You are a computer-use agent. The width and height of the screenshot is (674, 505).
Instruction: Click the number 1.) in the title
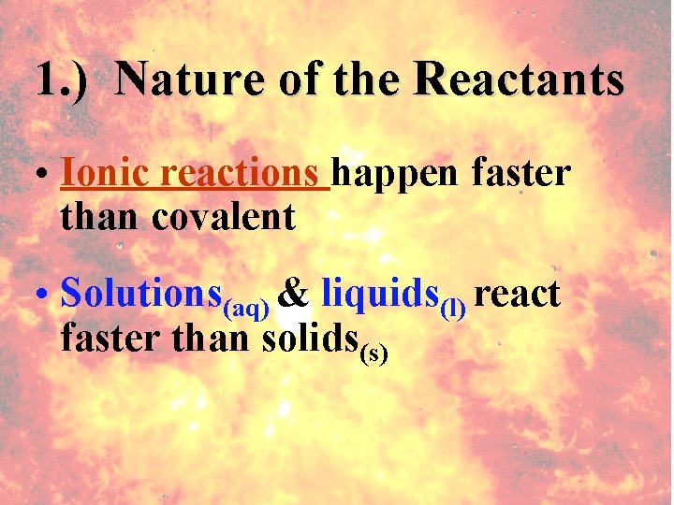pos(62,79)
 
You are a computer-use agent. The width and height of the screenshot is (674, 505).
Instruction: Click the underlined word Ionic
pos(105,173)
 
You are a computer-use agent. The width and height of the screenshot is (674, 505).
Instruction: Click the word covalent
pos(223,218)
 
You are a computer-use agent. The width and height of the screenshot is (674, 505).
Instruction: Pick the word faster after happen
pos(521,173)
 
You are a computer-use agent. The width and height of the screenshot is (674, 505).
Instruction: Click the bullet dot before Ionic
pos(44,176)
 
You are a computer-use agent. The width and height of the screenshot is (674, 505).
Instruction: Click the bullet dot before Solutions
pos(44,296)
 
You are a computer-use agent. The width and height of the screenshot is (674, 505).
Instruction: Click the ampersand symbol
pos(295,294)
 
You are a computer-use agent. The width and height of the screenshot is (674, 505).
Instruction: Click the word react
pos(517,296)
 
